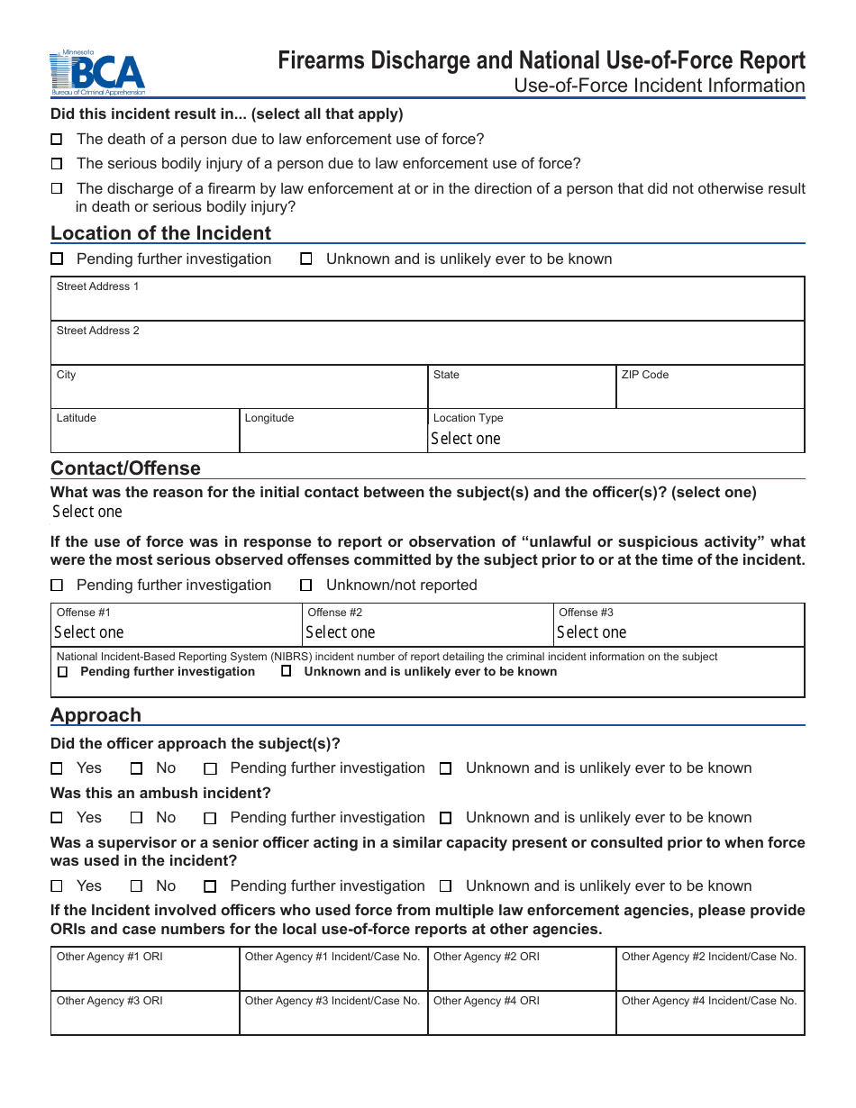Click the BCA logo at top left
[x=97, y=73]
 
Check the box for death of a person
[x=57, y=140]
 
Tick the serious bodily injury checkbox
[x=57, y=164]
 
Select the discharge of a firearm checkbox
[x=57, y=189]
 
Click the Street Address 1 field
[x=427, y=304]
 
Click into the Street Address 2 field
[x=427, y=348]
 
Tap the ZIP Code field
[x=709, y=392]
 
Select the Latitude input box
[x=145, y=436]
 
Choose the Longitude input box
[x=332, y=436]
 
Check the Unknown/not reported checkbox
[x=306, y=586]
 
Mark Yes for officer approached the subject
[x=57, y=768]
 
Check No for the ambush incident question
[x=137, y=818]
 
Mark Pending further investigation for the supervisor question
[x=211, y=886]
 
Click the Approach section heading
[x=96, y=715]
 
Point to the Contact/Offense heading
[x=125, y=468]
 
